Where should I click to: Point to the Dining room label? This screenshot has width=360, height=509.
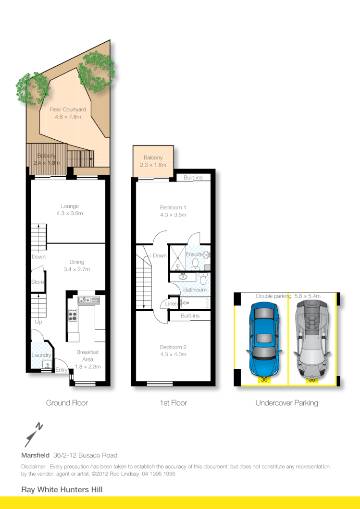click(x=77, y=262)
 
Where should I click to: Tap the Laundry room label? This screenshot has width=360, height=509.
click(x=42, y=355)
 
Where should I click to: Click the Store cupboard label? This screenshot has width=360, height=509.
click(x=37, y=282)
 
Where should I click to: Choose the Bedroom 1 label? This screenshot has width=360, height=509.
click(x=173, y=207)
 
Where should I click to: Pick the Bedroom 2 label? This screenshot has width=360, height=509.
click(x=173, y=347)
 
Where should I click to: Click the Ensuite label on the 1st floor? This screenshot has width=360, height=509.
click(x=194, y=254)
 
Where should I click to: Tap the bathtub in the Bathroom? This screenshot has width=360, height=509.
click(x=195, y=303)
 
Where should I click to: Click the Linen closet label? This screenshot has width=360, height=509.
click(x=171, y=303)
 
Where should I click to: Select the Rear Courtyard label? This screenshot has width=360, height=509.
click(x=68, y=109)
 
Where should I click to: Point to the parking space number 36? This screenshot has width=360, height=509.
click(x=264, y=379)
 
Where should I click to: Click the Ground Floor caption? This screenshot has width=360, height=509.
click(x=67, y=403)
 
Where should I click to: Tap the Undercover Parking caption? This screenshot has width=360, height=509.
click(x=286, y=403)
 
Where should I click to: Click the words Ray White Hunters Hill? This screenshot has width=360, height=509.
click(x=62, y=489)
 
